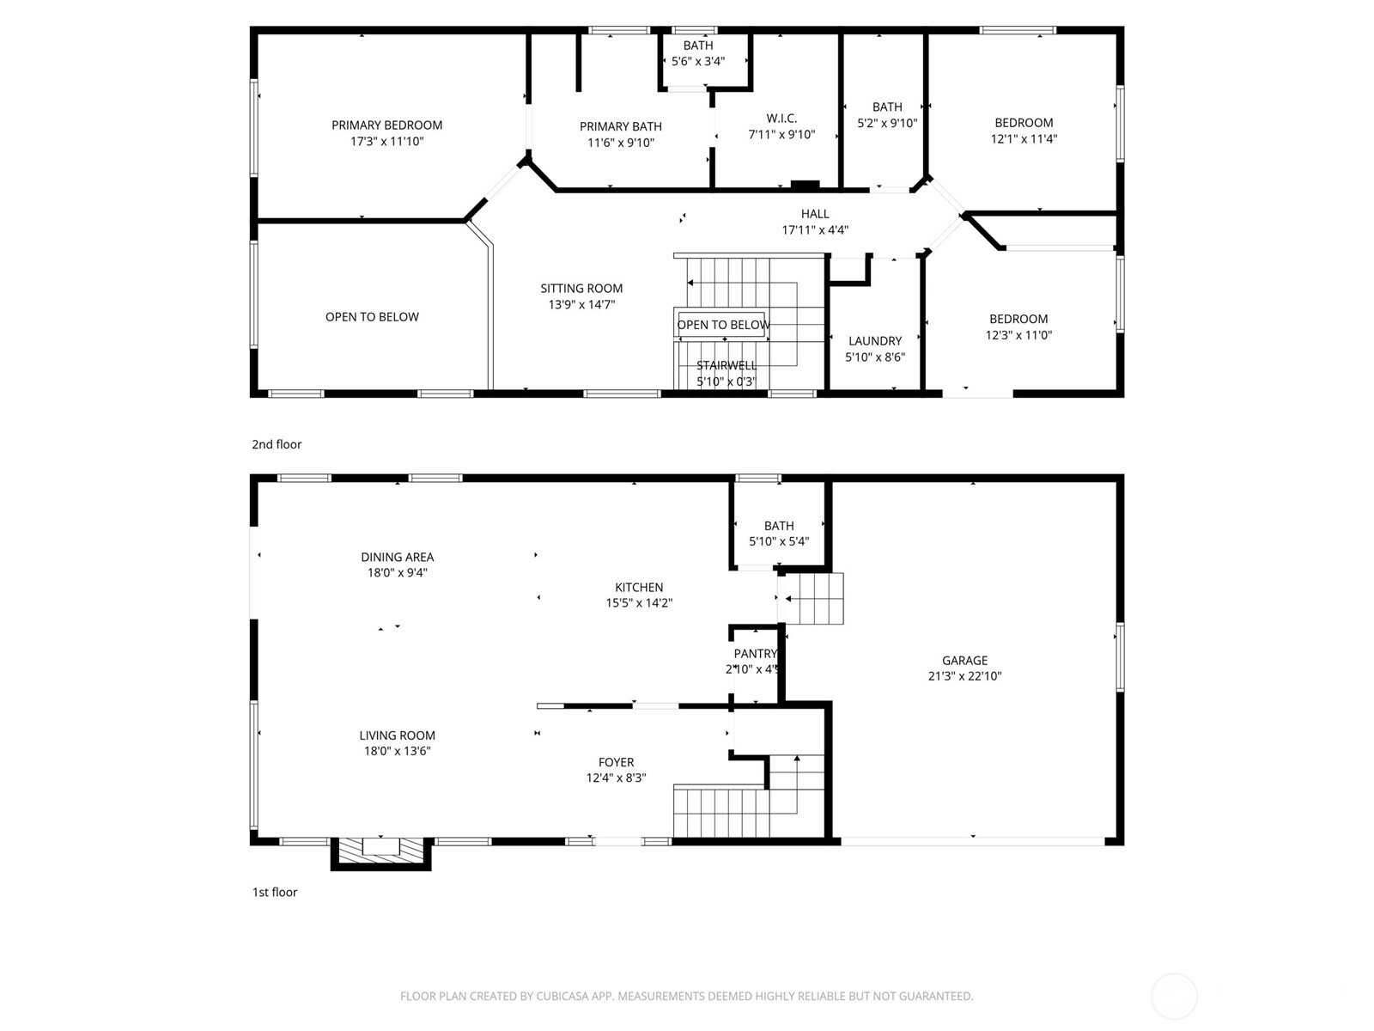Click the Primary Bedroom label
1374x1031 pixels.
386,125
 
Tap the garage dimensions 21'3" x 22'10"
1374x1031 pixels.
964,676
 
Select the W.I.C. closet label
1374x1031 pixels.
781,119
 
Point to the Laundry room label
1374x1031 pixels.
874,341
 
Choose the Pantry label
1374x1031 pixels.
755,654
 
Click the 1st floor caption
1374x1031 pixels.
274,892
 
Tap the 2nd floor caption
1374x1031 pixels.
276,444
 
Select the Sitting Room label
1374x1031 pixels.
581,289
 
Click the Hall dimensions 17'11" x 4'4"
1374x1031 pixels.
814,229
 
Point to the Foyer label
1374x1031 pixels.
616,762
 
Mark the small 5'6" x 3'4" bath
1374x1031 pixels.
697,54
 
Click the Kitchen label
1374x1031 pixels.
639,588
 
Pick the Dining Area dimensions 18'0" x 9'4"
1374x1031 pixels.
397,572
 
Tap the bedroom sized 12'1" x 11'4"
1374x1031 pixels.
1024,131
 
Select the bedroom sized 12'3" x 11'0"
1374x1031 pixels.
1018,327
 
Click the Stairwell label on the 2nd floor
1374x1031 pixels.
727,365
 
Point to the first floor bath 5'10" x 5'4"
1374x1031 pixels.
779,534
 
